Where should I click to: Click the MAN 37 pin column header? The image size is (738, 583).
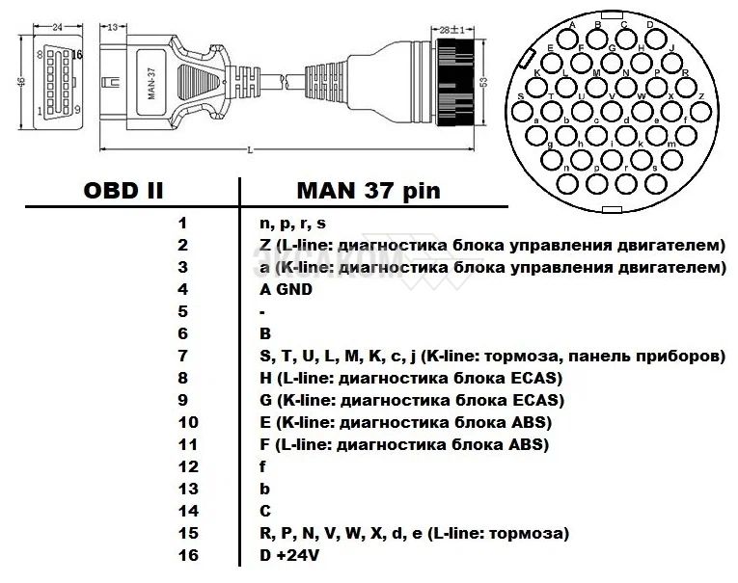pos(369,190)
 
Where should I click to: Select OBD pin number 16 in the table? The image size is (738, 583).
pos(188,556)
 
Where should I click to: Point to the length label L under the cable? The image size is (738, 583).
pos(251,150)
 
